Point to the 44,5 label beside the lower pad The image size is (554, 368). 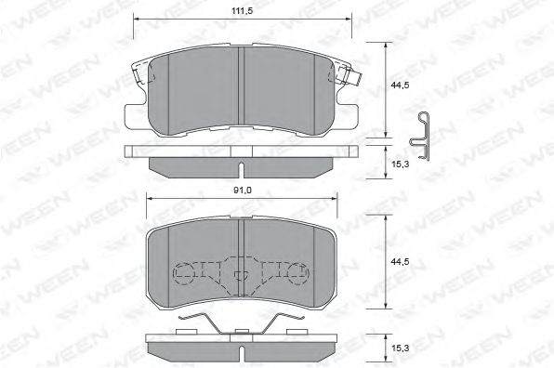401,262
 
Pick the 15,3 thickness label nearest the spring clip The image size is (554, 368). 401,161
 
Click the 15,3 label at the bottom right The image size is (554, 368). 401,347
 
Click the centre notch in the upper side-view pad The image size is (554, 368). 241,169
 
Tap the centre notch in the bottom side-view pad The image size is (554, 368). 241,354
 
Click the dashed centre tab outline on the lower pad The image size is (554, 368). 241,273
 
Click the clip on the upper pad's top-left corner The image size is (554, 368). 138,70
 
